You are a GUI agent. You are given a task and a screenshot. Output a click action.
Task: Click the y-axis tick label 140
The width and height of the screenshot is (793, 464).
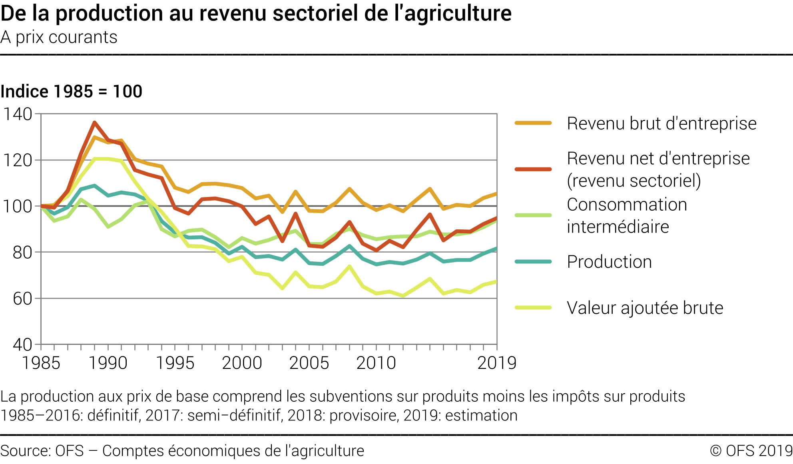[18, 114]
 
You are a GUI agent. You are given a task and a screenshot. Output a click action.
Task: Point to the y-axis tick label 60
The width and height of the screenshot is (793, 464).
[22, 299]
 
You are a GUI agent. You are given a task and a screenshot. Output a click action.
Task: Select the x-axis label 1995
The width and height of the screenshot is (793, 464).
[175, 363]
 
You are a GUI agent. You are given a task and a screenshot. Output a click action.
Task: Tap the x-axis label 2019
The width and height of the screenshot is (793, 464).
[497, 363]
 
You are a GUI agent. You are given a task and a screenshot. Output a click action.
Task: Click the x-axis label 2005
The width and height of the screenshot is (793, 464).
[309, 363]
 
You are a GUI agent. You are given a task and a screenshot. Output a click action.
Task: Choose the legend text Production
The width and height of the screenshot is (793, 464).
[609, 262]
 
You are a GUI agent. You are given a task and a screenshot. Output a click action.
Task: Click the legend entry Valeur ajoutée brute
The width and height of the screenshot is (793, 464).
[645, 308]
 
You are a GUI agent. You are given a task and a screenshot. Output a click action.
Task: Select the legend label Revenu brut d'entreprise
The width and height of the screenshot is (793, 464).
[661, 123]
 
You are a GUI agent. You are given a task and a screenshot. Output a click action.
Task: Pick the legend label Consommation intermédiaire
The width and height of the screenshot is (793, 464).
[627, 215]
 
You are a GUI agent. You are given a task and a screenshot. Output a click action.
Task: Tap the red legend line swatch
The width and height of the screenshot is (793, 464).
[533, 169]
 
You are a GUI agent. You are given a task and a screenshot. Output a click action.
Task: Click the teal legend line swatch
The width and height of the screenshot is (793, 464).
[533, 262]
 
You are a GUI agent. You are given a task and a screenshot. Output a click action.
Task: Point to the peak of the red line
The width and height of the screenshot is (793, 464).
[94, 122]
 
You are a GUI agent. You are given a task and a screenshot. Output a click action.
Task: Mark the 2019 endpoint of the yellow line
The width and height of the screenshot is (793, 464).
[496, 282]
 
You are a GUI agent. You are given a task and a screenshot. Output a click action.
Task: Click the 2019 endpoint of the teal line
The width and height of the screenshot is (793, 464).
[496, 249]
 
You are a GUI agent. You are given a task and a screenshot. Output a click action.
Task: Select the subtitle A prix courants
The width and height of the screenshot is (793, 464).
[59, 38]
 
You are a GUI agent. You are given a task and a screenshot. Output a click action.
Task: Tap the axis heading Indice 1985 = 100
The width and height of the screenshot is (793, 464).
[71, 92]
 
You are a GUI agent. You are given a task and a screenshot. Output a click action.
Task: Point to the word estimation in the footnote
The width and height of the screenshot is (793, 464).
[481, 416]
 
